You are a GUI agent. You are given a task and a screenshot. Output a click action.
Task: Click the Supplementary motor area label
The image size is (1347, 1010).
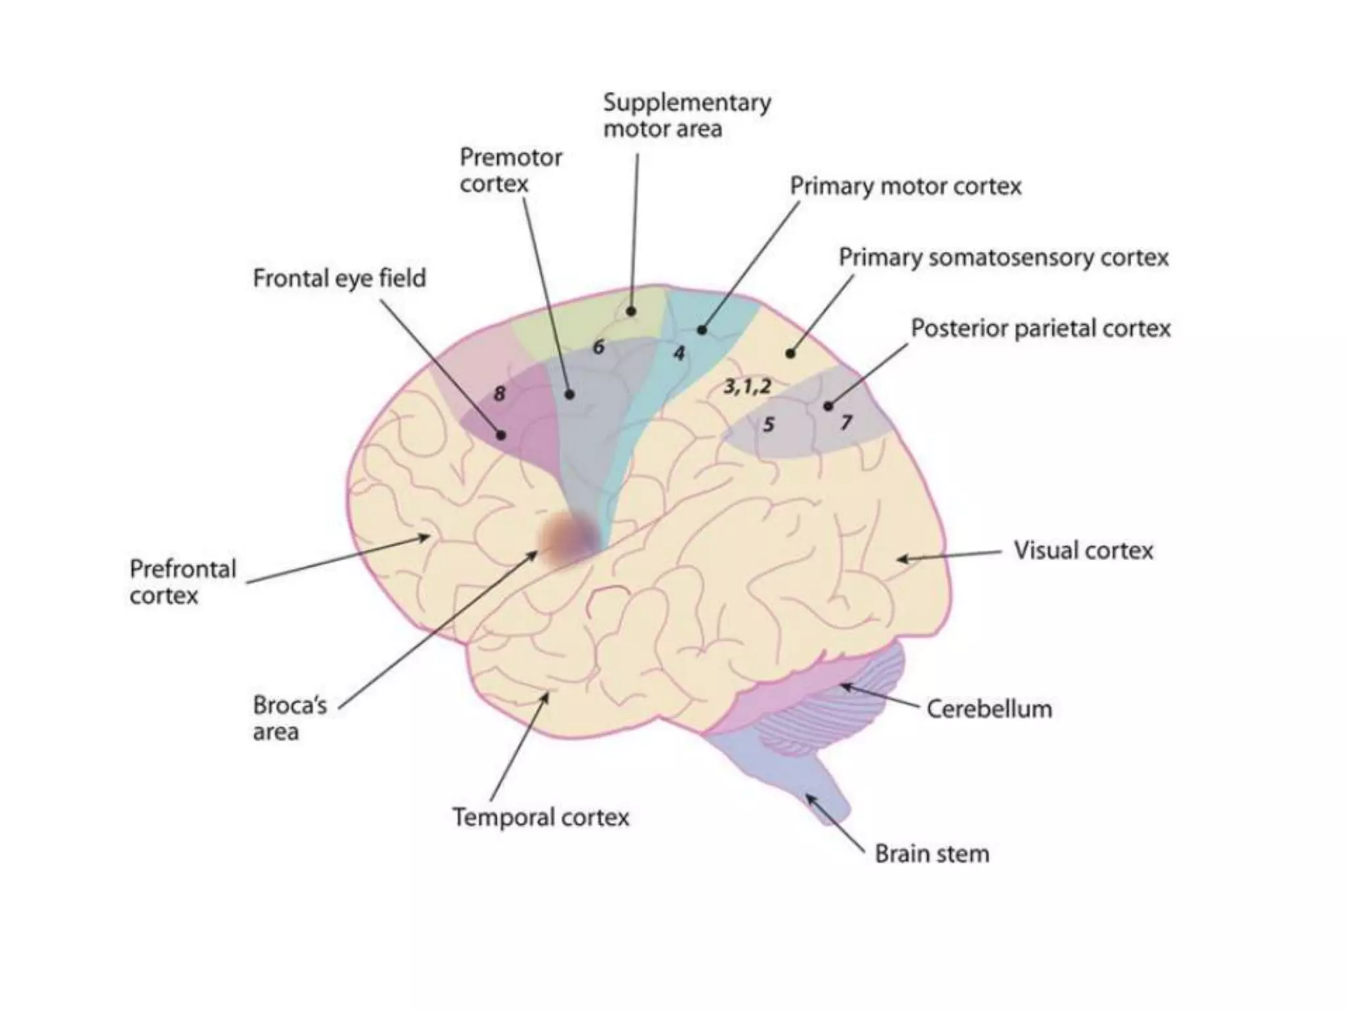coord(686,116)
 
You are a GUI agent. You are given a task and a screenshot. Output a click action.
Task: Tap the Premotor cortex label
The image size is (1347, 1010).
coord(510,170)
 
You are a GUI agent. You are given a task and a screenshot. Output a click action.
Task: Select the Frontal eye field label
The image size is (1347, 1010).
coord(339,278)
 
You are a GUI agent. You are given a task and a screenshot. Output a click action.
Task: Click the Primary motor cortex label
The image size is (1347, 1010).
coord(905,187)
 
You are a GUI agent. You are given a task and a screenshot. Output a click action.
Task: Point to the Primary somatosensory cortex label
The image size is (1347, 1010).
coord(1003,257)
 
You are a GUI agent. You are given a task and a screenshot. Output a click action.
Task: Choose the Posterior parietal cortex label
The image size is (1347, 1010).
coord(1040,328)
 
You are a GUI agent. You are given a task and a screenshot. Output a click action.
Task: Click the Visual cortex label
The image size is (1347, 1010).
coord(1083,550)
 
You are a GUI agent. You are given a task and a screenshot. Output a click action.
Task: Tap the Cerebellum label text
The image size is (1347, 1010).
coord(989,709)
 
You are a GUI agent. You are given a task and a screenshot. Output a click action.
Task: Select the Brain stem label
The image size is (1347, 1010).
coord(931,854)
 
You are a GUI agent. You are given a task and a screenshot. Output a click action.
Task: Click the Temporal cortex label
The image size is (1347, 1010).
coord(541,817)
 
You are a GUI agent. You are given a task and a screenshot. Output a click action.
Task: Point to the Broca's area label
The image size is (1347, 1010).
coord(289,718)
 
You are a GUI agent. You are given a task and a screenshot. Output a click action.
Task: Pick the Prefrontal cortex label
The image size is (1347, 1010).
coord(182,582)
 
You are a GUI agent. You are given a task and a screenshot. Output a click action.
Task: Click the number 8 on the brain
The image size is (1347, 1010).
coord(499,394)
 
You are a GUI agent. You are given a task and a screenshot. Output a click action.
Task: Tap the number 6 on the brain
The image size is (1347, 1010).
coord(598,347)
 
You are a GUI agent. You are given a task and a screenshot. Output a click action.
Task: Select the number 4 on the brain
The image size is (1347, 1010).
coord(679,354)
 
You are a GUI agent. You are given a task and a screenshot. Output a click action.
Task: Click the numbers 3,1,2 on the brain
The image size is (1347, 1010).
coord(747,386)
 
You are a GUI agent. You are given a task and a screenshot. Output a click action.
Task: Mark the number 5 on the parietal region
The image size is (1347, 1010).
coord(768,425)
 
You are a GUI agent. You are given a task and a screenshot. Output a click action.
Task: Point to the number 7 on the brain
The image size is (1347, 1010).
coord(846,422)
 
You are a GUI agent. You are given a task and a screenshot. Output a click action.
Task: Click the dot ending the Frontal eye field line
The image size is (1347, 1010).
coord(501,435)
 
